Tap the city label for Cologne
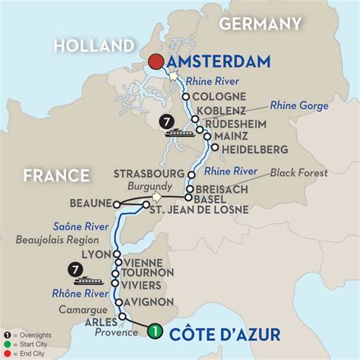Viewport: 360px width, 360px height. coord(220,96)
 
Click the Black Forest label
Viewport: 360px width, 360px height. coord(300,173)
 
